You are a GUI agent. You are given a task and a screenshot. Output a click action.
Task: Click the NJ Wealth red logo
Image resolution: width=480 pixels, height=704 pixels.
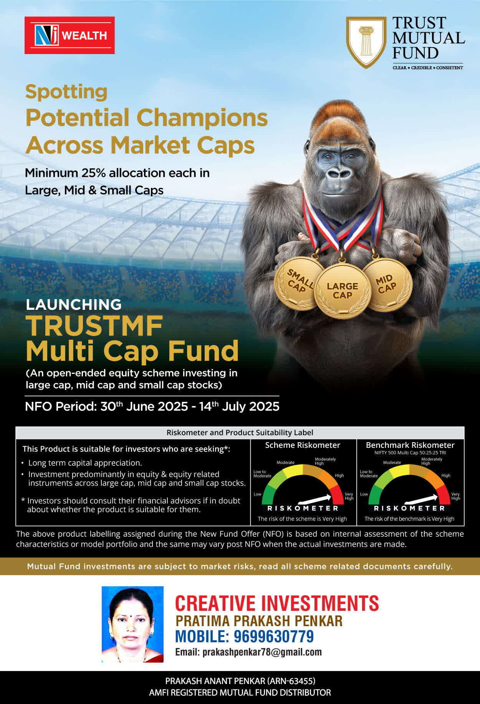pyautogui.click(x=70, y=35)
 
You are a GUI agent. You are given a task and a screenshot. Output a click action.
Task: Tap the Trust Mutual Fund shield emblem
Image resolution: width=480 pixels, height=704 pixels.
pyautogui.click(x=366, y=42)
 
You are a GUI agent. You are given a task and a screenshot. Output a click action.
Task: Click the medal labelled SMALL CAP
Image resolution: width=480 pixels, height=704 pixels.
pyautogui.click(x=299, y=283)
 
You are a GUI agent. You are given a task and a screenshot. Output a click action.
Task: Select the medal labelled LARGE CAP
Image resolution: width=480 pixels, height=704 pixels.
pyautogui.click(x=343, y=291)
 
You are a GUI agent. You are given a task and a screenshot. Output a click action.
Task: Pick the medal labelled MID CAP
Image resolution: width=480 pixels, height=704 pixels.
pyautogui.click(x=387, y=285)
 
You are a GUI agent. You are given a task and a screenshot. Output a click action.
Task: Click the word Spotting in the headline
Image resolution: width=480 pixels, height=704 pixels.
pyautogui.click(x=66, y=92)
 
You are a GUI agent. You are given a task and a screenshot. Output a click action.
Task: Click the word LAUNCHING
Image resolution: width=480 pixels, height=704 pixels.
pyautogui.click(x=73, y=304)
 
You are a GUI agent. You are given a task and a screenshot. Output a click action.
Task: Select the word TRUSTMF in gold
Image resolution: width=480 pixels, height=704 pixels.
pyautogui.click(x=94, y=326)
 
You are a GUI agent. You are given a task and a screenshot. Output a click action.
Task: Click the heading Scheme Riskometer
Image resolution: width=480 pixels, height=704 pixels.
pyautogui.click(x=303, y=445)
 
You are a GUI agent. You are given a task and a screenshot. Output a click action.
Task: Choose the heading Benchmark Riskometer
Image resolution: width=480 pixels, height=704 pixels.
pyautogui.click(x=410, y=445)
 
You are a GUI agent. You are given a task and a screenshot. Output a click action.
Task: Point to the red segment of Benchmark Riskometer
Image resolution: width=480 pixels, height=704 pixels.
pyautogui.click(x=444, y=494)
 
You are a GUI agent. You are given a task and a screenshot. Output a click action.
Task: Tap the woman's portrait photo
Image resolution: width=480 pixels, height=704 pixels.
pyautogui.click(x=132, y=624)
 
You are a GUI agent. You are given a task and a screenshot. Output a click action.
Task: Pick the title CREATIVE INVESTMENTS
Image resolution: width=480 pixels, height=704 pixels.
pyautogui.click(x=277, y=603)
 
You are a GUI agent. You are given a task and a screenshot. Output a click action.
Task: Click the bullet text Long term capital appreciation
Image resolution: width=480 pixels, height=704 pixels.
pyautogui.click(x=85, y=463)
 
